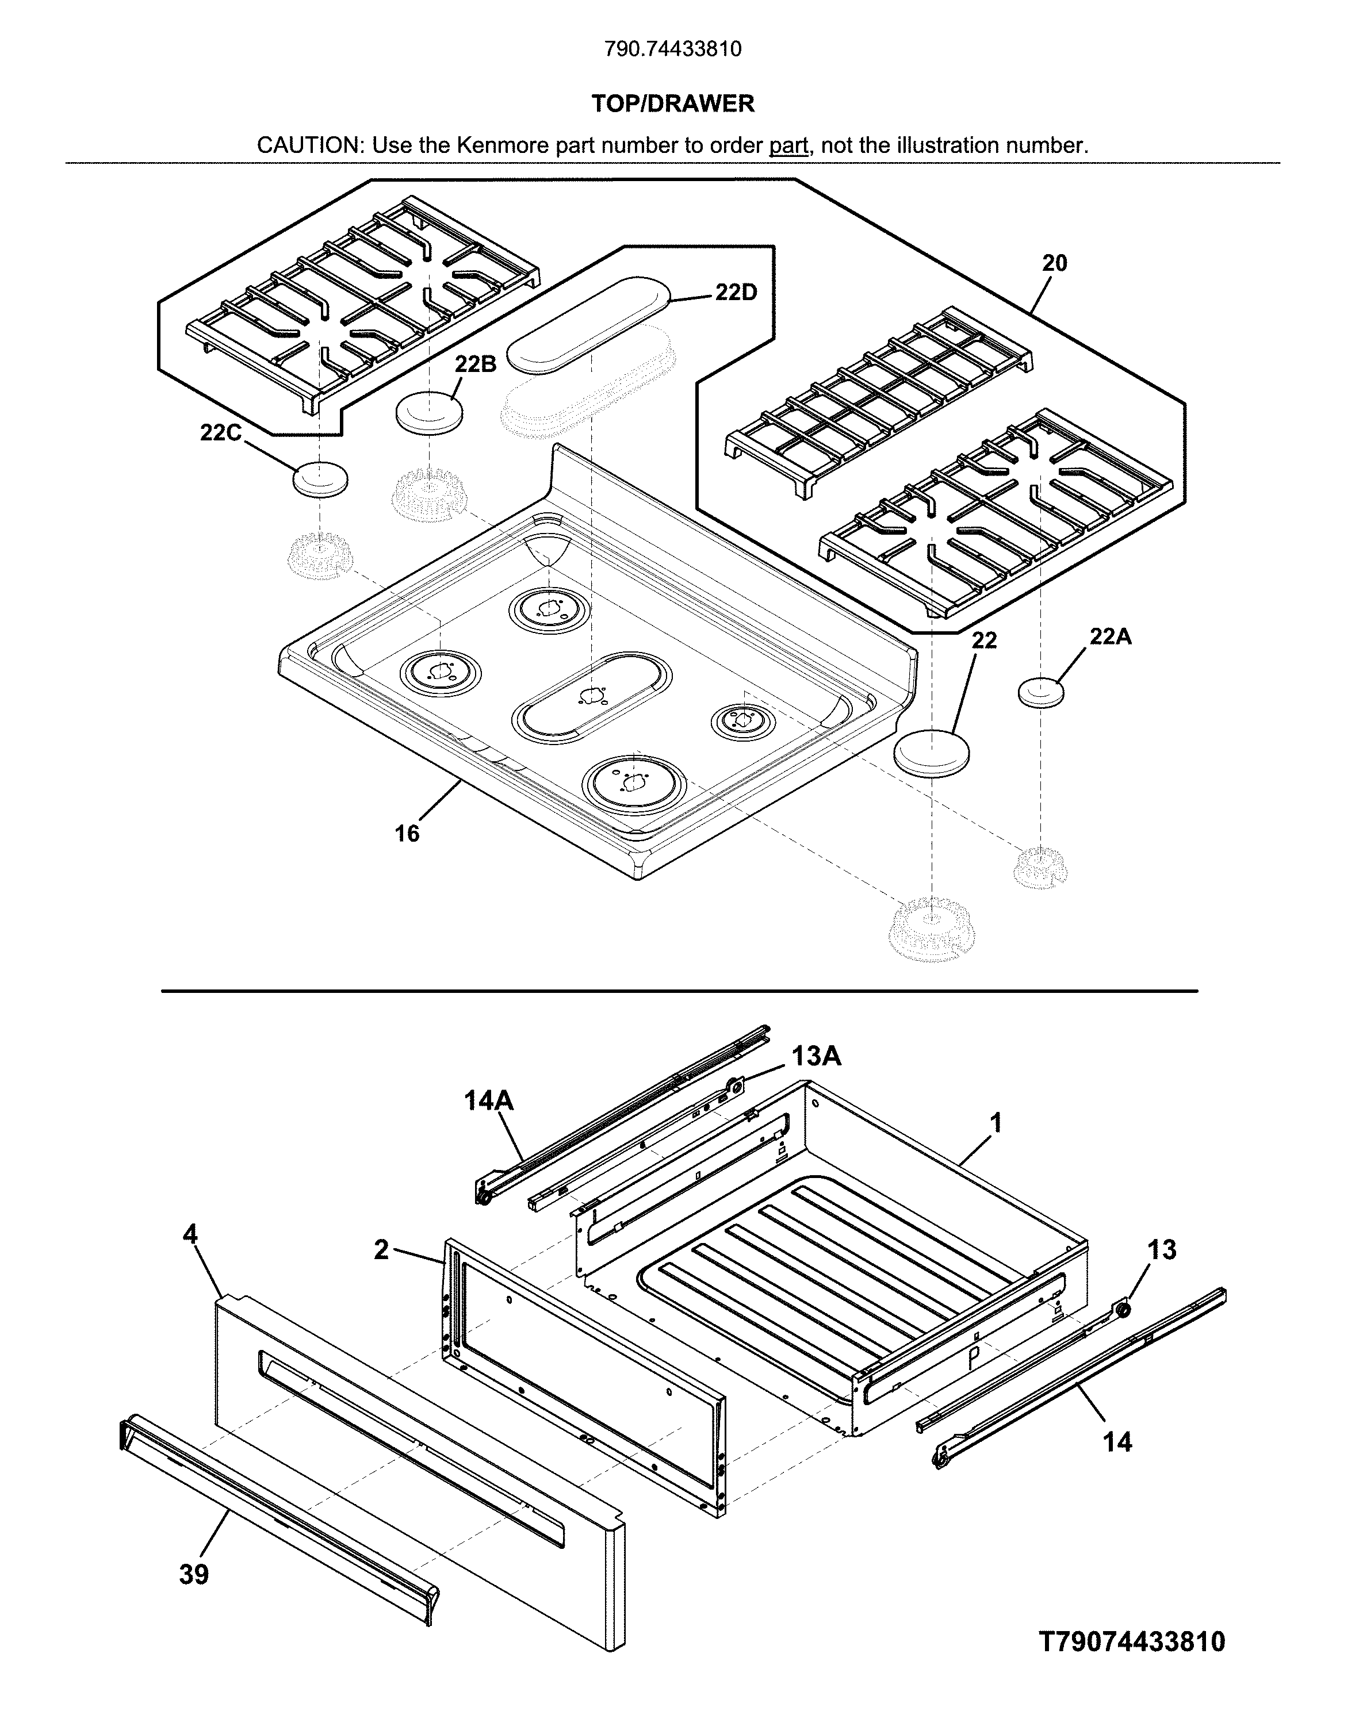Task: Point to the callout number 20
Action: point(1054,263)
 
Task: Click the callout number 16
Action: point(407,833)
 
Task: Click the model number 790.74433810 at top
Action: point(672,49)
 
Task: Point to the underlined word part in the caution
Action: point(788,146)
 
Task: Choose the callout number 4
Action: point(190,1234)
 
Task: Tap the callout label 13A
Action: point(815,1056)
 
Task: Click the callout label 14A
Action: point(488,1101)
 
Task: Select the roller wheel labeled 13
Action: point(1121,1309)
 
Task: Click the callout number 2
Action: point(381,1250)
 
